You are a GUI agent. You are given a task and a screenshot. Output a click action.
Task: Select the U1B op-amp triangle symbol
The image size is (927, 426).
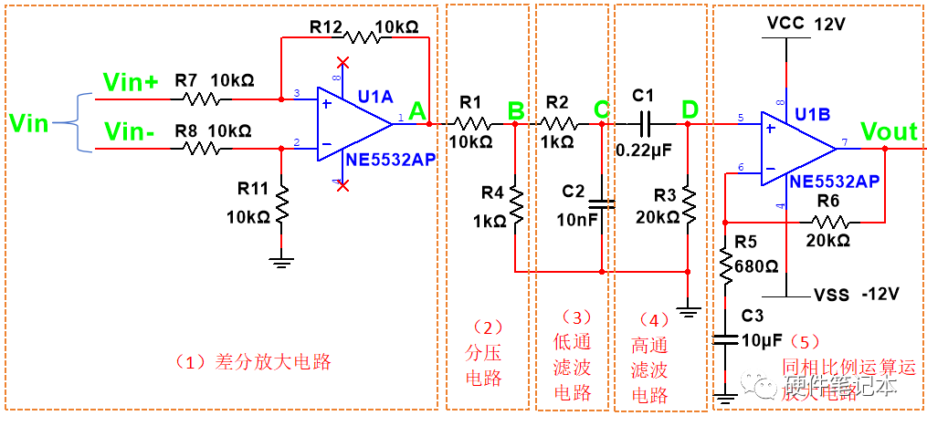click(795, 147)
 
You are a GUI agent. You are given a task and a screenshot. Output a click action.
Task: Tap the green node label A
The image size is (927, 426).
click(417, 111)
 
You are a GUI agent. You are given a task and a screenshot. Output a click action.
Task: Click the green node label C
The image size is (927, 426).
click(601, 110)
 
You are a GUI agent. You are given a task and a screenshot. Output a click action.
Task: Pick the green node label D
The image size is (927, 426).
click(690, 110)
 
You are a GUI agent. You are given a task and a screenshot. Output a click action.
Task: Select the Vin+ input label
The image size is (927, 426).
click(131, 82)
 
